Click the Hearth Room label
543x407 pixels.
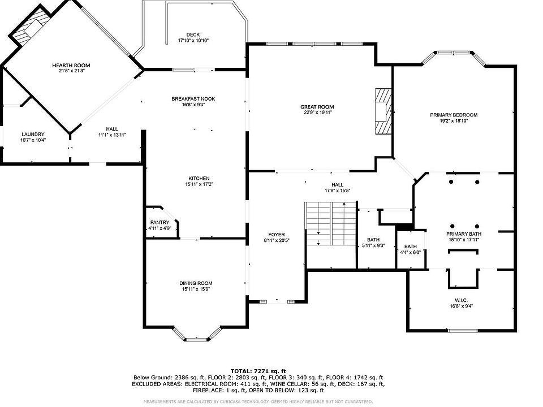[x=71, y=65]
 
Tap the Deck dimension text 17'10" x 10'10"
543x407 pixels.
[x=193, y=41]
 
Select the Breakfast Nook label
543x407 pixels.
[x=193, y=98]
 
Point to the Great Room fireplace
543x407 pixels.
[x=383, y=110]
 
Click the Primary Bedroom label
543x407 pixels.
[x=454, y=115]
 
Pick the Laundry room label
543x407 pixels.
[x=33, y=135]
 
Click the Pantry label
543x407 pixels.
[x=160, y=223]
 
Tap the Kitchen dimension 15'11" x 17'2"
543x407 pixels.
[x=199, y=184]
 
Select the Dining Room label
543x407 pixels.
[x=196, y=283]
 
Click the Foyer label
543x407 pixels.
[x=277, y=235]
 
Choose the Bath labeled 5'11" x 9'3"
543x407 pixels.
[x=373, y=240]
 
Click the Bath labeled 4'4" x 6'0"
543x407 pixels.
[x=411, y=246]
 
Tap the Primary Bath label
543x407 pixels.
[x=464, y=234]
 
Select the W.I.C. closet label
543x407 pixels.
[x=462, y=300]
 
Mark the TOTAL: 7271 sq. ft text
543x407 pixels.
[x=258, y=371]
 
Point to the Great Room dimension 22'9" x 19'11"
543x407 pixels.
[x=317, y=112]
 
